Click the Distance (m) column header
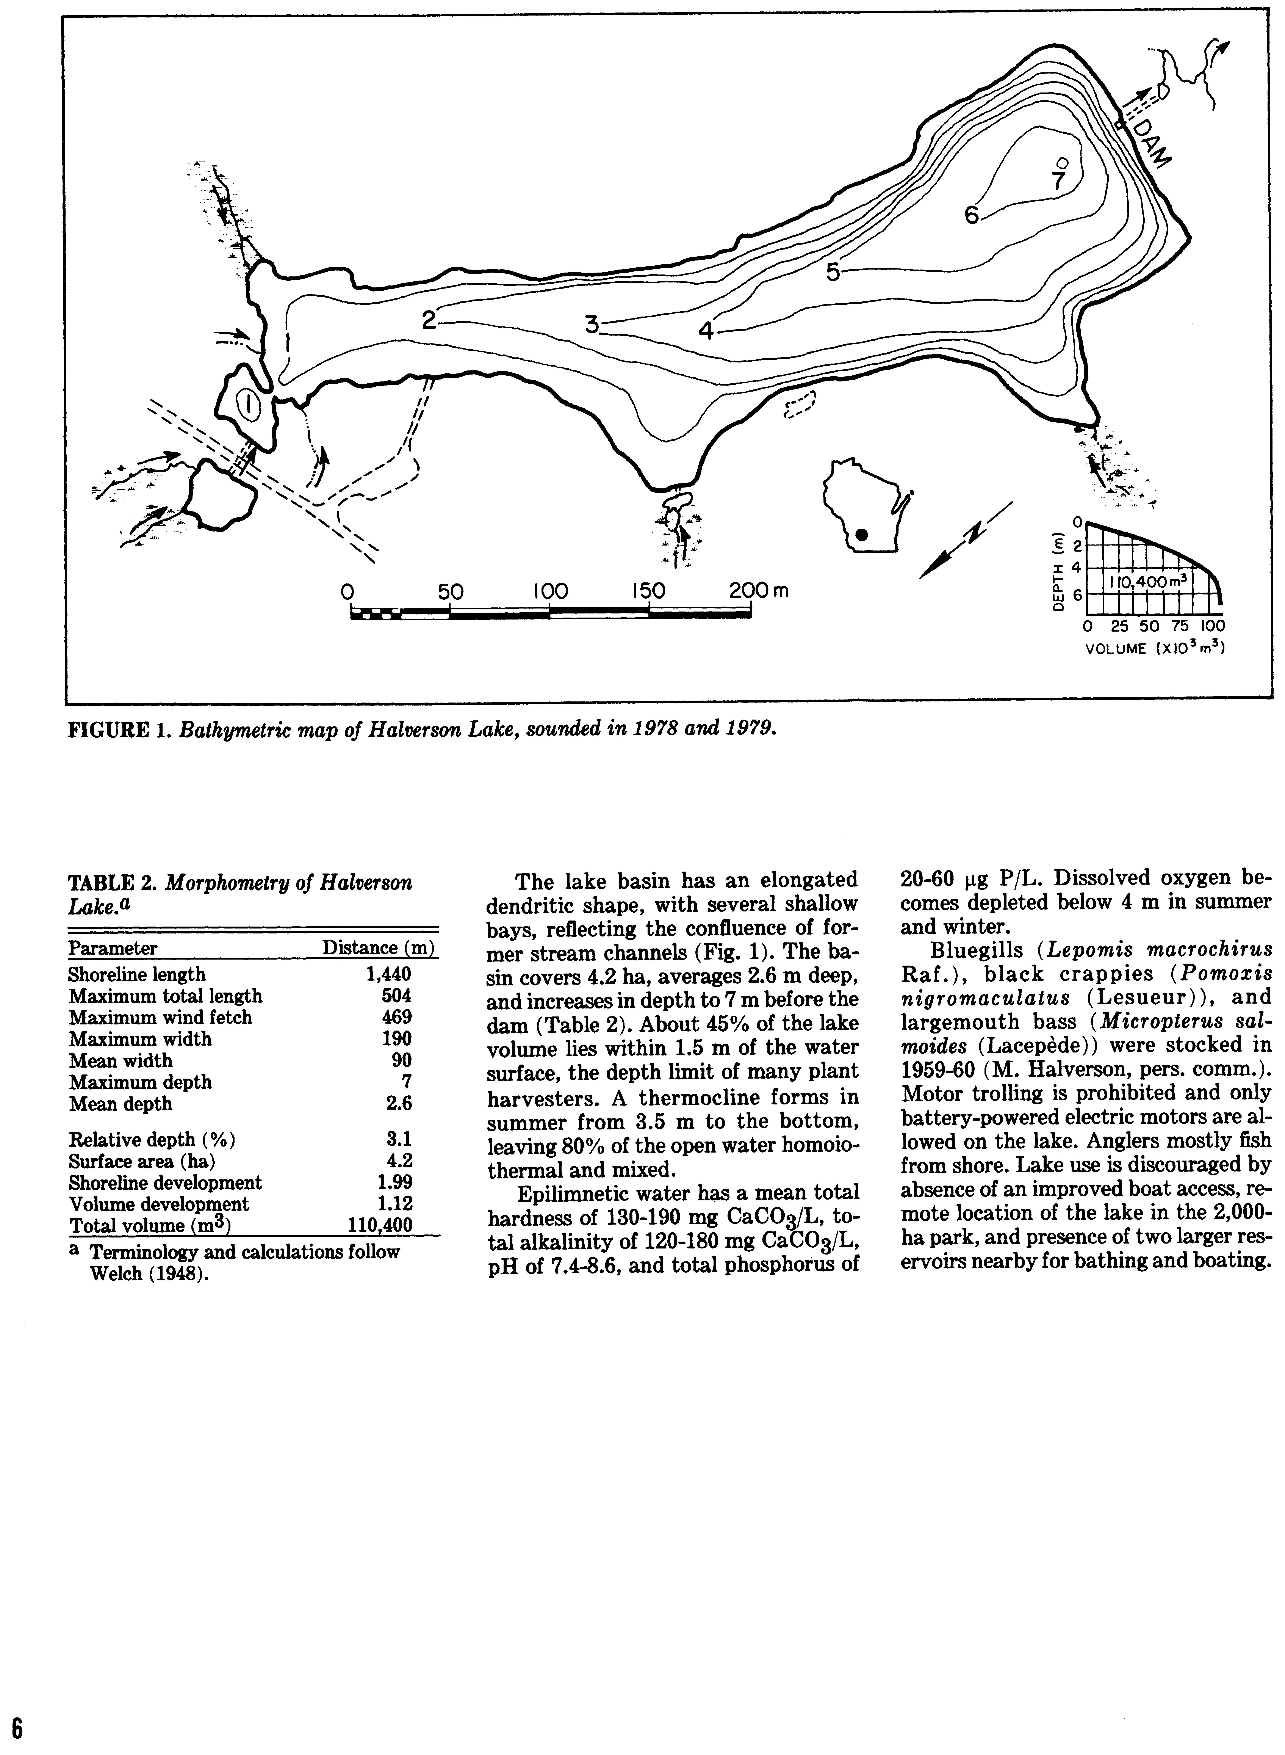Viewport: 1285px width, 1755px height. point(378,947)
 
